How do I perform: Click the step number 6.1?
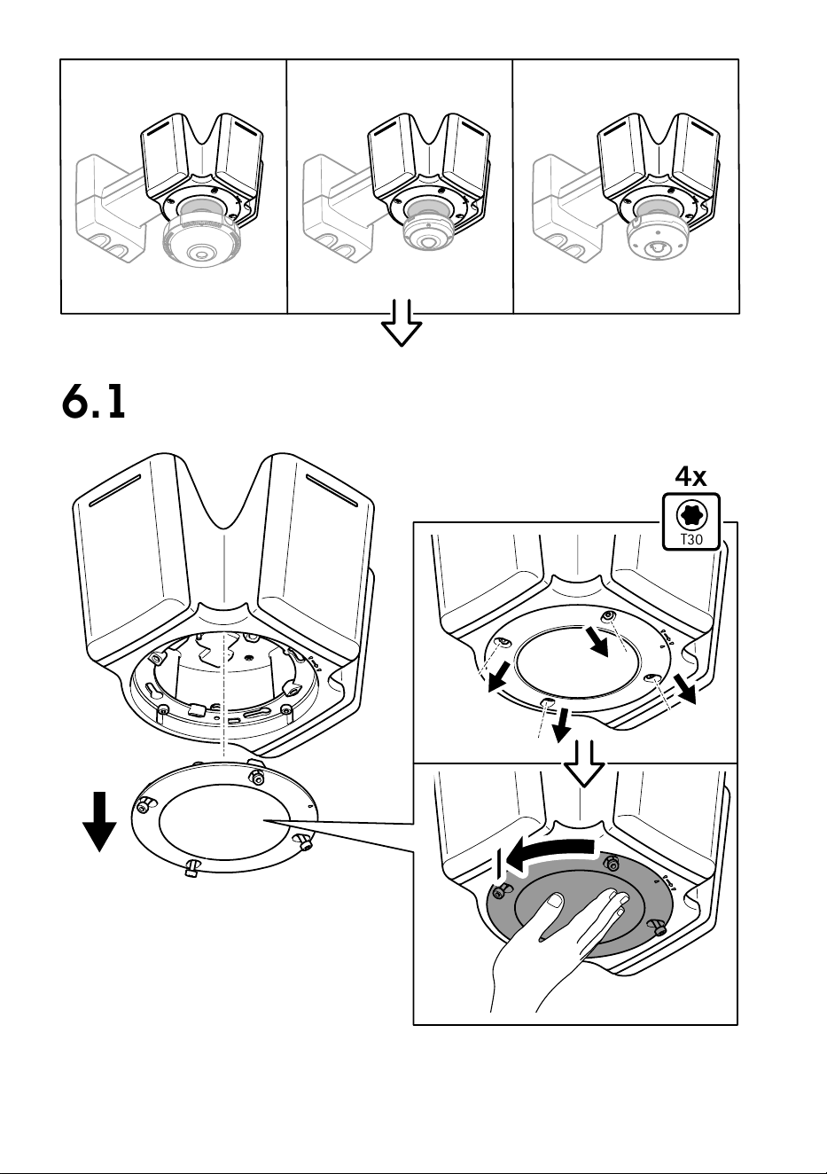point(94,402)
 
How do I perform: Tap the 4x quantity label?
point(690,477)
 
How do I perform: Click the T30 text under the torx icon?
point(691,539)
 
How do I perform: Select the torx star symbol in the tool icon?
point(691,516)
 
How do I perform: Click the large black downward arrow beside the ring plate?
point(99,821)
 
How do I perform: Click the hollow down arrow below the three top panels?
point(401,323)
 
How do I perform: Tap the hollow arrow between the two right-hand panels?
point(584,763)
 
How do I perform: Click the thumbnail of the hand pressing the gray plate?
point(575,894)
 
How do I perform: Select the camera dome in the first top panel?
point(200,240)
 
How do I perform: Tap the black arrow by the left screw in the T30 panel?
point(497,677)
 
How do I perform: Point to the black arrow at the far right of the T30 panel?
point(685,689)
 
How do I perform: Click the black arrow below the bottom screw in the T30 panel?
point(562,724)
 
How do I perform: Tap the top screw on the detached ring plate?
point(256,778)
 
